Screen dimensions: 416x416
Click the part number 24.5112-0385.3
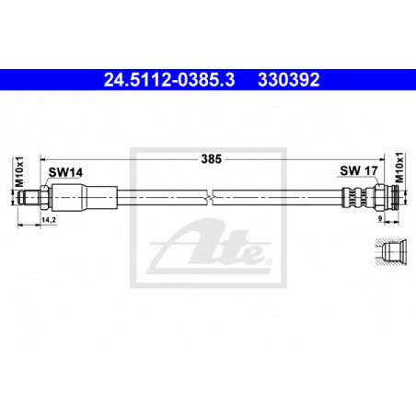point(169,79)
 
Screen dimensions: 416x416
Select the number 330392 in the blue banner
point(289,79)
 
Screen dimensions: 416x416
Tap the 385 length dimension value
point(212,159)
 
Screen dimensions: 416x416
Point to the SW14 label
point(65,172)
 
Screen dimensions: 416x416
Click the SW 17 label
point(359,170)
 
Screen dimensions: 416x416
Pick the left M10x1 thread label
point(19,172)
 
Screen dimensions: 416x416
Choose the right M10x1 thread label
point(399,168)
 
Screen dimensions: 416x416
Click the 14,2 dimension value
point(49,220)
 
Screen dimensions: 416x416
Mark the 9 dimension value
point(380,218)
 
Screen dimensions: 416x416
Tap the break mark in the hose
point(210,197)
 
